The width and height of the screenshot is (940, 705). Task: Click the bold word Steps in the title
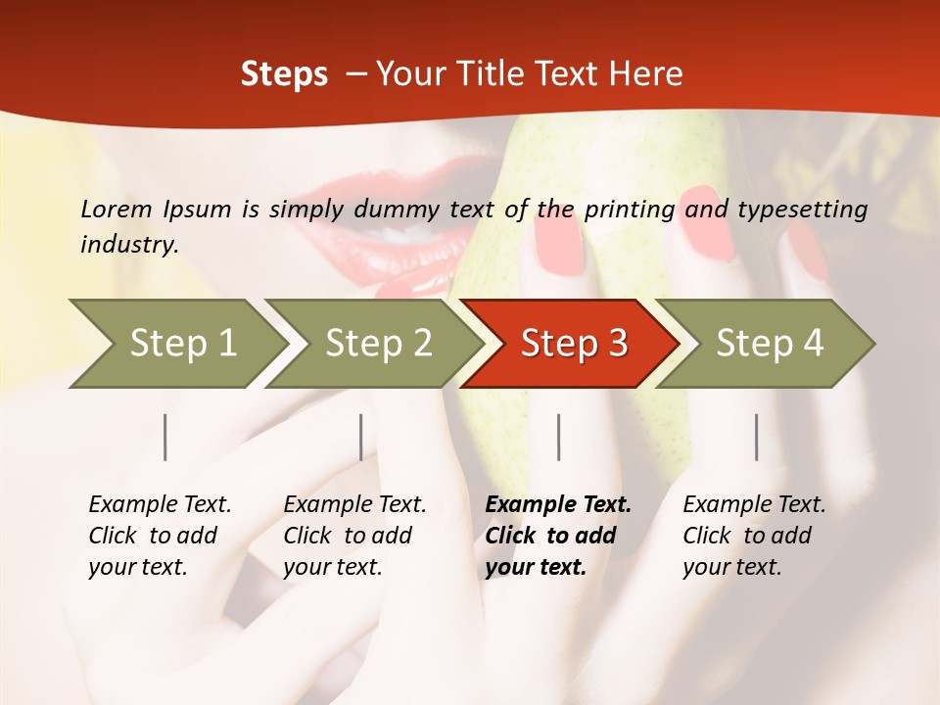pos(284,74)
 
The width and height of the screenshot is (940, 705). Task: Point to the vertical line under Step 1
pos(165,437)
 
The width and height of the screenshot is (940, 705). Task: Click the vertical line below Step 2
pos(361,437)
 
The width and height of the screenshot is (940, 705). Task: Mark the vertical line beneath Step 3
pos(559,437)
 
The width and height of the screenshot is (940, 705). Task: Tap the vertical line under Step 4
pos(757,437)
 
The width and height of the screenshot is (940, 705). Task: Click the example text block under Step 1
pos(160,536)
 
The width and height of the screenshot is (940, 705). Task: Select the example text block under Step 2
pos(354,536)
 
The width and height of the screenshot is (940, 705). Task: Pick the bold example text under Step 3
pos(558,536)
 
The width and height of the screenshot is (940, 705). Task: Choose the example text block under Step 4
pos(754,536)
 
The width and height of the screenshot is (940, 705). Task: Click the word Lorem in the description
pos(116,209)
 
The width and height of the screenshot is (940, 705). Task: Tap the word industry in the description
pos(128,245)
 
